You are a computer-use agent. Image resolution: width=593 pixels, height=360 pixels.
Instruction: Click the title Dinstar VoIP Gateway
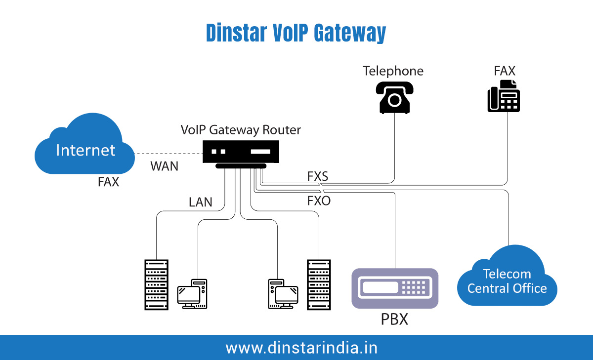coord(296,34)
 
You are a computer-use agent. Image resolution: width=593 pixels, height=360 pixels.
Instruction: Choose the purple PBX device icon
coord(395,288)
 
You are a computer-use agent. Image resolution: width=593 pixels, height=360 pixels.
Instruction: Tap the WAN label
coord(164,166)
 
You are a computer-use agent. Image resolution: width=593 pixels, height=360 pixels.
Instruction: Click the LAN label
coord(200,202)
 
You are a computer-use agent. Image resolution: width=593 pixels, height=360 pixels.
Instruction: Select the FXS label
coord(317,176)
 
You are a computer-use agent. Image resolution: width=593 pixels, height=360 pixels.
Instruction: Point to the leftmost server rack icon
coord(156,285)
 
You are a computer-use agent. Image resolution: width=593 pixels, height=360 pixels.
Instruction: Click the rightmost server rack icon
coord(318,285)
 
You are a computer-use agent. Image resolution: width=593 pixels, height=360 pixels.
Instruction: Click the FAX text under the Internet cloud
coord(108,182)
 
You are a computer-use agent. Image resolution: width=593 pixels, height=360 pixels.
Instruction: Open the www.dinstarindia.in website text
coord(301,348)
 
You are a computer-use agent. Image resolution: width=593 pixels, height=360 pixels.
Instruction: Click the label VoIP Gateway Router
coord(241,130)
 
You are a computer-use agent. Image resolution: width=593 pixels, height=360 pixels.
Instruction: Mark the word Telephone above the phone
coord(393,71)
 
